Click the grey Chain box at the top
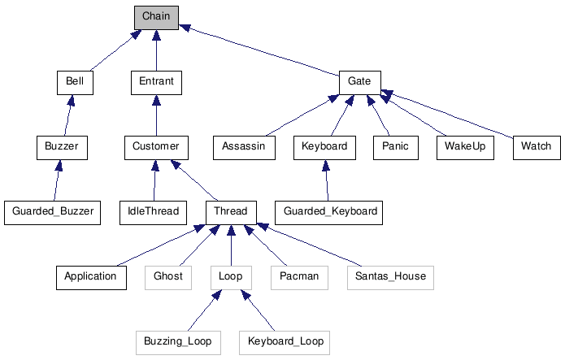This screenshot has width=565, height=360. tap(156, 17)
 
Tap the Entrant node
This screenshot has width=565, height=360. tap(156, 82)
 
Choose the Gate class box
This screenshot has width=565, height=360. tap(359, 82)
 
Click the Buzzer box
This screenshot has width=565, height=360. tap(62, 147)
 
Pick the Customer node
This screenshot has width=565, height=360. tap(156, 147)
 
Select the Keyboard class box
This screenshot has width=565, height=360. tap(324, 147)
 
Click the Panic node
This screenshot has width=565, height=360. tap(395, 147)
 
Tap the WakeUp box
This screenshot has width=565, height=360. tap(464, 147)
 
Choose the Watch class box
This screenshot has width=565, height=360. tap(536, 147)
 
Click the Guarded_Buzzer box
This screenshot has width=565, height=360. tap(53, 212)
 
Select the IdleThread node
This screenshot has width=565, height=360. tap(153, 212)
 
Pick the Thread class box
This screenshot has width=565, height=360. tap(231, 212)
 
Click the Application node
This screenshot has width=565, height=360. tap(91, 276)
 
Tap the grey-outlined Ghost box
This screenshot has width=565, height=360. tap(168, 276)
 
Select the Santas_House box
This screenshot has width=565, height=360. tap(390, 276)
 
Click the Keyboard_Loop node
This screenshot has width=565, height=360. tap(285, 341)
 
